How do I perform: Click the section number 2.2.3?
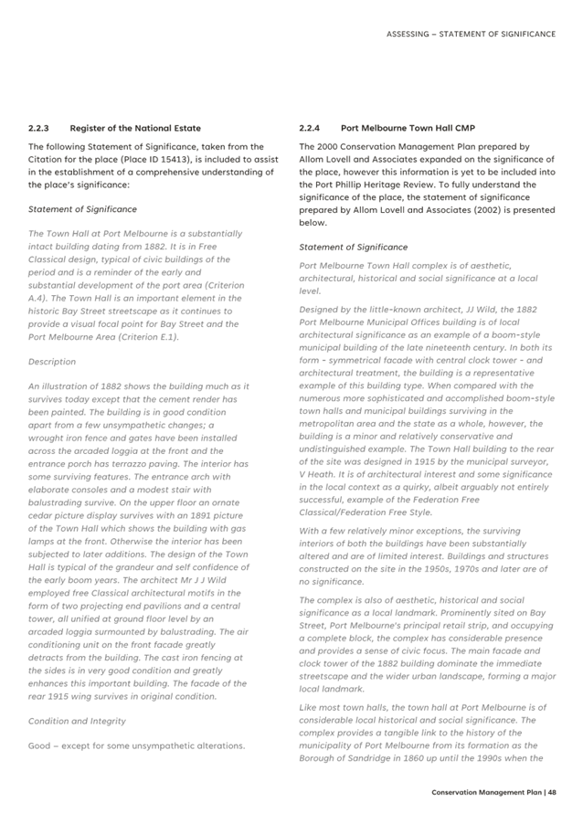(38, 128)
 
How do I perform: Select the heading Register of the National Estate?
(135, 128)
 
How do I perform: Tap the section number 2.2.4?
(310, 128)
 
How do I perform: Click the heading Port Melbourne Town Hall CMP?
(395, 128)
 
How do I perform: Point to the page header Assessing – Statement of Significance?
(471, 34)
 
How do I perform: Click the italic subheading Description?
(52, 362)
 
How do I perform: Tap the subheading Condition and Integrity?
(77, 721)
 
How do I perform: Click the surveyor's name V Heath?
(317, 475)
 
